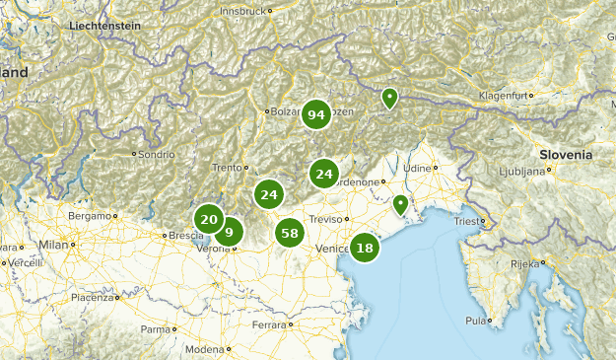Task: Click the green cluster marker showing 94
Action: [x=315, y=115]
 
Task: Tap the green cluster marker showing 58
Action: [x=289, y=234]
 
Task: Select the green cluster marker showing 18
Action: [x=365, y=248]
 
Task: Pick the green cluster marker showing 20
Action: [x=208, y=220]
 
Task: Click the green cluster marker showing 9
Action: [x=229, y=233]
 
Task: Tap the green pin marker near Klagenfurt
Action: [x=390, y=98]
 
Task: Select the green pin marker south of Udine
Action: [x=400, y=205]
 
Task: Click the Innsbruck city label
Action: [x=243, y=11]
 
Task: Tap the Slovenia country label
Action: [x=566, y=155]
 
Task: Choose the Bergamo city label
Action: [x=90, y=215]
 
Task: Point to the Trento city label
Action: [x=227, y=168]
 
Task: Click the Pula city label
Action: [x=476, y=321]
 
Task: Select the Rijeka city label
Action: [x=523, y=263]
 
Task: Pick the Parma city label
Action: [x=156, y=329]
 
